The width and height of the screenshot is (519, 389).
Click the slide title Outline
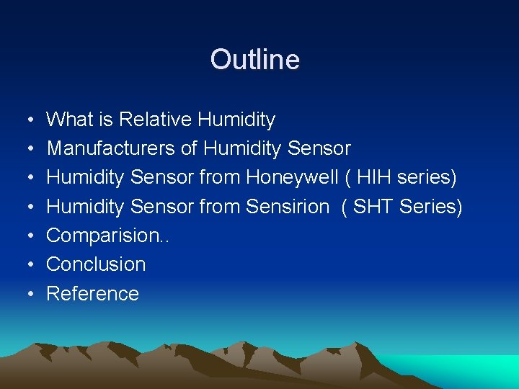(x=254, y=59)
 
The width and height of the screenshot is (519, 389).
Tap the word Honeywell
(x=292, y=177)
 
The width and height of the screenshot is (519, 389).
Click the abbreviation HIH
(x=374, y=177)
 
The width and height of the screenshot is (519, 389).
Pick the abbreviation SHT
(x=373, y=207)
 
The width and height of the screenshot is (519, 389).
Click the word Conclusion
(x=96, y=264)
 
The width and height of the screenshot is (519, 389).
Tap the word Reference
(x=92, y=294)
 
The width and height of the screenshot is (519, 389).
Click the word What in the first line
(x=70, y=119)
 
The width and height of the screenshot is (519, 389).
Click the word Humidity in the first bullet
(x=236, y=119)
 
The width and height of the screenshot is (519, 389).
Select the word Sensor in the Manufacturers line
(x=319, y=148)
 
